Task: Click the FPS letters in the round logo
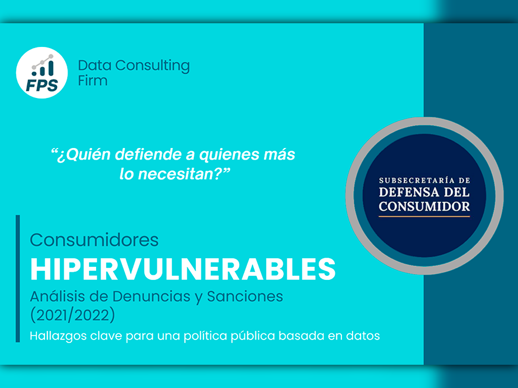coord(42,85)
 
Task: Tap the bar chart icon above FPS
coord(42,65)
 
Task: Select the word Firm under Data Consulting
coord(93,80)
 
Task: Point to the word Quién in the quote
coord(84,155)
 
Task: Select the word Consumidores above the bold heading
coord(94,240)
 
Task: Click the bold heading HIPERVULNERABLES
coord(183,269)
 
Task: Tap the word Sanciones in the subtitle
coord(245,296)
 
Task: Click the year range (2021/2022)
coord(73,315)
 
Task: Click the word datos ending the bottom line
coord(363,336)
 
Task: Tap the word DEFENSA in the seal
coord(409,192)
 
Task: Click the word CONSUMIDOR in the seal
coord(424,207)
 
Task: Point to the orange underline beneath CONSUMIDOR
coord(424,216)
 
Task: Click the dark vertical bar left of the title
coord(18,279)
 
